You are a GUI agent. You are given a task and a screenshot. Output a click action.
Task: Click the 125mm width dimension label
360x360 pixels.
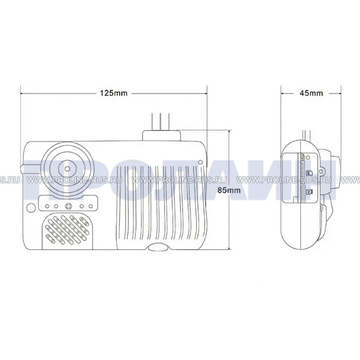tap(113, 93)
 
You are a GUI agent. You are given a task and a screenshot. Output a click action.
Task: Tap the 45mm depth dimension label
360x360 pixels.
tap(311, 93)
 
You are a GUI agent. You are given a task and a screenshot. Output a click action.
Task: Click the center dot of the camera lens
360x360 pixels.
tap(67, 169)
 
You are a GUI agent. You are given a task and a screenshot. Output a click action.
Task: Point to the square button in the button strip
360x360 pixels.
tap(68, 206)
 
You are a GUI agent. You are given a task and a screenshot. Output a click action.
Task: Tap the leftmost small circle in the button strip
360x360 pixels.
tap(47, 206)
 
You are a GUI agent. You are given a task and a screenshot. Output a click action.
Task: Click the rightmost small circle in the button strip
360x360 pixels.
tap(91, 206)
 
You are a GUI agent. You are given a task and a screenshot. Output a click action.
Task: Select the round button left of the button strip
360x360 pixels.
tap(31, 208)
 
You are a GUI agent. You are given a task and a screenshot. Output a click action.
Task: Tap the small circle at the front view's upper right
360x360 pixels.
tap(200, 162)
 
